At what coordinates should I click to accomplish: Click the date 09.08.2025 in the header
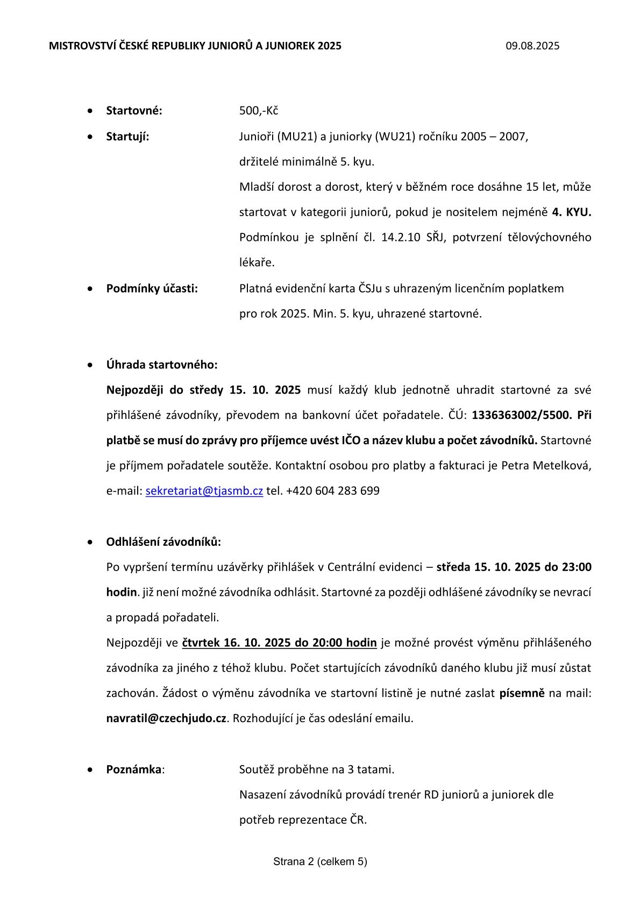532,46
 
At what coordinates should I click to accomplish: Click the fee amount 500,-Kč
258,111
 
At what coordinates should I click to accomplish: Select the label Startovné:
134,111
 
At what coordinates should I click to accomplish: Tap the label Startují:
127,137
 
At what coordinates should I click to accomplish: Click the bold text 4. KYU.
571,212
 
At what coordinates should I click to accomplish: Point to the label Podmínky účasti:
152,289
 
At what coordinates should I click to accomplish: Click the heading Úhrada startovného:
162,365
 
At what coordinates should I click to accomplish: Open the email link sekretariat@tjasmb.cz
204,491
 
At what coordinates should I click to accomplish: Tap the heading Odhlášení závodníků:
163,541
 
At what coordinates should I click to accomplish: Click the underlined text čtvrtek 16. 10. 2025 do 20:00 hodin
279,643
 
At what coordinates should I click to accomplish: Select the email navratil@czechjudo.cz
166,718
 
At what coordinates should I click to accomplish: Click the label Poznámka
133,769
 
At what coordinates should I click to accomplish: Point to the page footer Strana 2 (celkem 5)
320,861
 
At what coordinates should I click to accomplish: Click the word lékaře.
257,263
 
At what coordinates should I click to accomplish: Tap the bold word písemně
522,693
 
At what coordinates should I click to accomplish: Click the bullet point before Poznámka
90,770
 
